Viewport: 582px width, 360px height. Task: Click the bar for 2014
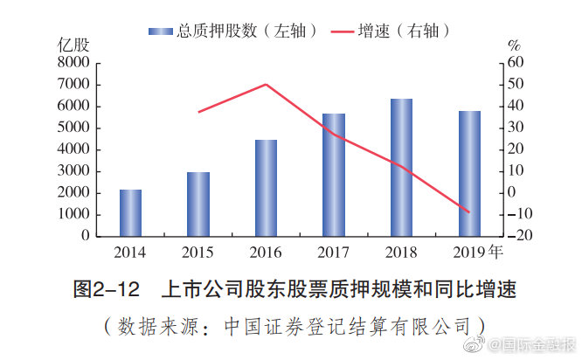130,212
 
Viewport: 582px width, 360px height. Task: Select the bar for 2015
198,204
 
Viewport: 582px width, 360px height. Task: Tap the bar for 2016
266,188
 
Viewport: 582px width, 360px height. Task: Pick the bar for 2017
333,175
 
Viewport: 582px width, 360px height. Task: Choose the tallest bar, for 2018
401,167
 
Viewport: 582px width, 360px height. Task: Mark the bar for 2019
469,173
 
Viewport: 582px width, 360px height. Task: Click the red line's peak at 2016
266,84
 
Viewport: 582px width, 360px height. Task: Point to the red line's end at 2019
469,212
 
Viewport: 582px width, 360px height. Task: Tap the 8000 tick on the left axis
73,63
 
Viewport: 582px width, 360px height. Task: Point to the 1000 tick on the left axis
73,214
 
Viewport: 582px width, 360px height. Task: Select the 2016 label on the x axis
266,253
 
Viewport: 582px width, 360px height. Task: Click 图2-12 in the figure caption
104,288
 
